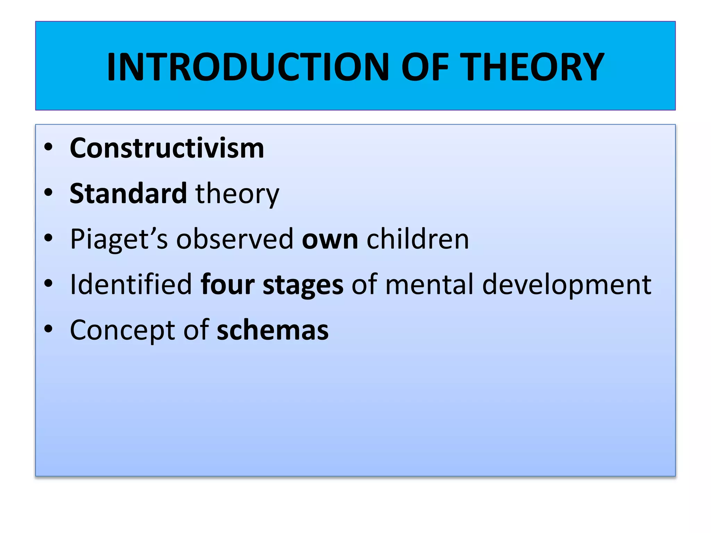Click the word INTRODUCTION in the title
click(x=248, y=67)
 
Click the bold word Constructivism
click(x=167, y=148)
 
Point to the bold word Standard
click(x=128, y=193)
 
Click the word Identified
click(x=131, y=284)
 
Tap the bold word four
click(x=228, y=284)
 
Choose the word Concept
click(x=123, y=330)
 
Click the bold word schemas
click(x=273, y=330)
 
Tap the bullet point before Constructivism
click(x=49, y=147)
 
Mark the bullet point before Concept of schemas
click(x=49, y=329)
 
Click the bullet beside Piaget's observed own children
click(x=49, y=238)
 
